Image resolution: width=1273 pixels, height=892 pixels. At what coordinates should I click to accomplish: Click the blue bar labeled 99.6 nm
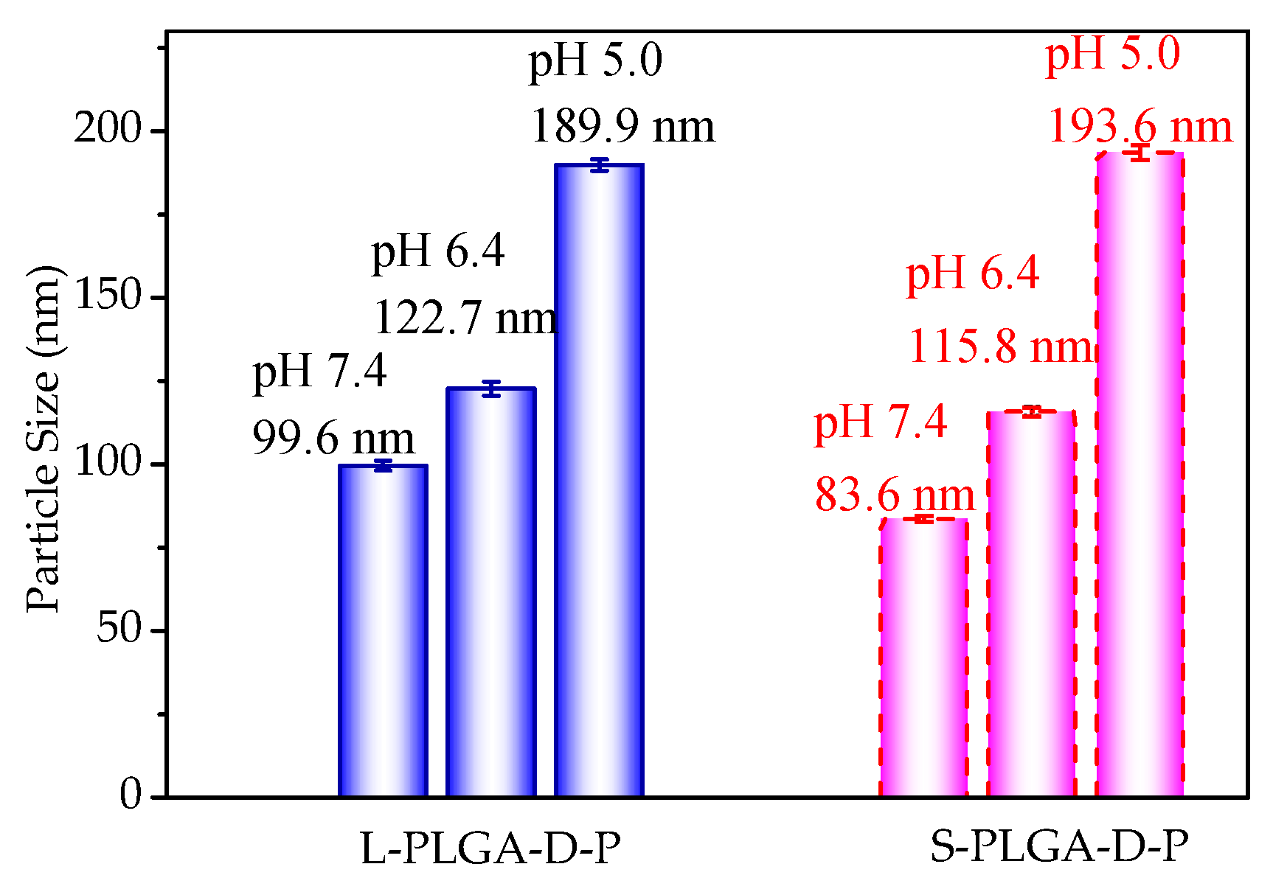coord(383,630)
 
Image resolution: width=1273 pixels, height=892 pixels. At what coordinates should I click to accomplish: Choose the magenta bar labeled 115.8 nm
coord(1031,604)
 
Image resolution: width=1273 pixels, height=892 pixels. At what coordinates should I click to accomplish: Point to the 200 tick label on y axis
coord(107,130)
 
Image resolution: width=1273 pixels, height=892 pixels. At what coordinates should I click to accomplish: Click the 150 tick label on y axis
coord(107,297)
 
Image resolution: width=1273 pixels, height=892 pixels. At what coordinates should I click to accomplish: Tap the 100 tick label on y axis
coord(107,464)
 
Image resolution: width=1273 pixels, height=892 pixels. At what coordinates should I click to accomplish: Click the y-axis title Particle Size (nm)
coord(42,439)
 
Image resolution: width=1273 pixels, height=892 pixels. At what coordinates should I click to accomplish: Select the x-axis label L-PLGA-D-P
coord(490,848)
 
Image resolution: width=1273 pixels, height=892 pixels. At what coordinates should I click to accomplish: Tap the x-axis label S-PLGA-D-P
coord(1059,846)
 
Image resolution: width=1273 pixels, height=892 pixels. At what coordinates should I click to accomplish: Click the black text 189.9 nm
coord(622,126)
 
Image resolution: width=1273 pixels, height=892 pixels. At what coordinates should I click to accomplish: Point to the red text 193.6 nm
coord(1140,126)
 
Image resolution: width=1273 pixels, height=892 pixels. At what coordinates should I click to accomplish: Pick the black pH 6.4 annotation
coord(437,252)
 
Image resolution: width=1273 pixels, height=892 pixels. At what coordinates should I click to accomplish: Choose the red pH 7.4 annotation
coord(880,422)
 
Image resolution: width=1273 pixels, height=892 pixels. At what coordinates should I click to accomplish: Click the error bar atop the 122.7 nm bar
coord(491,388)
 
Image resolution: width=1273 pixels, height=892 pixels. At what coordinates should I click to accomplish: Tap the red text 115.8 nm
coord(999,346)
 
